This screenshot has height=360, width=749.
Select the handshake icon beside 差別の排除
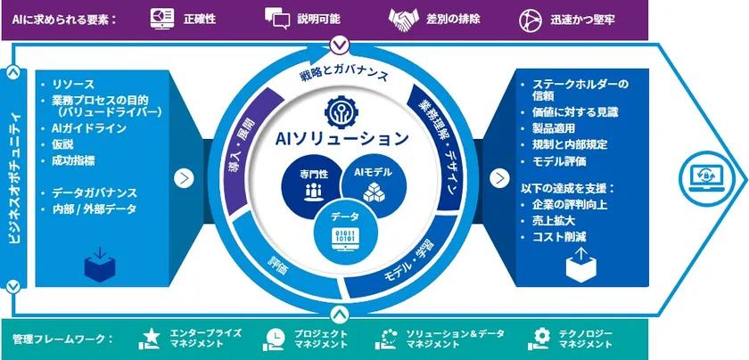click(406, 18)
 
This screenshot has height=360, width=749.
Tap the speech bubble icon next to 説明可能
click(278, 18)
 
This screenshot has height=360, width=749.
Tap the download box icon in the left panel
click(99, 264)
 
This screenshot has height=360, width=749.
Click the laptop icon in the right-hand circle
click(708, 177)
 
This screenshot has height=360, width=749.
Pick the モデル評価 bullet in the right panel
click(561, 161)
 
